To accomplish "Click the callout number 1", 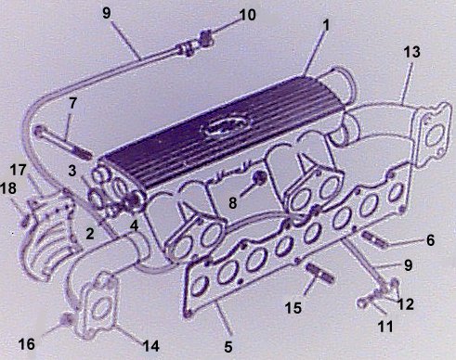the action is tap(325, 26).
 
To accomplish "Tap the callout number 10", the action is tap(247, 15).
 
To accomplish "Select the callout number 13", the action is tap(412, 52).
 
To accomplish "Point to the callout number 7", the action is tap(72, 103).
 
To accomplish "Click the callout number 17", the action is tap(19, 170).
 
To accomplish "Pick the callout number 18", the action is tap(8, 188).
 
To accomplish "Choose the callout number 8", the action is tap(233, 203).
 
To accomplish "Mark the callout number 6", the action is tap(430, 240).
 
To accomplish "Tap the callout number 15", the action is tap(293, 307).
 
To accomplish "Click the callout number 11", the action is tap(384, 326).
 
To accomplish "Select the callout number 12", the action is tap(406, 304).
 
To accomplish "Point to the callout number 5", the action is tap(228, 347).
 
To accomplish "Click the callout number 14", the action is tap(150, 346).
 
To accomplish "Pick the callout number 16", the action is tap(27, 344).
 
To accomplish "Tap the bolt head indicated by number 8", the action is tap(259, 177).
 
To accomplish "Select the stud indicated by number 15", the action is tap(319, 272).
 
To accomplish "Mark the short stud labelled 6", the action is tap(374, 239).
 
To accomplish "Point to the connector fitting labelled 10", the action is tap(206, 38).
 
